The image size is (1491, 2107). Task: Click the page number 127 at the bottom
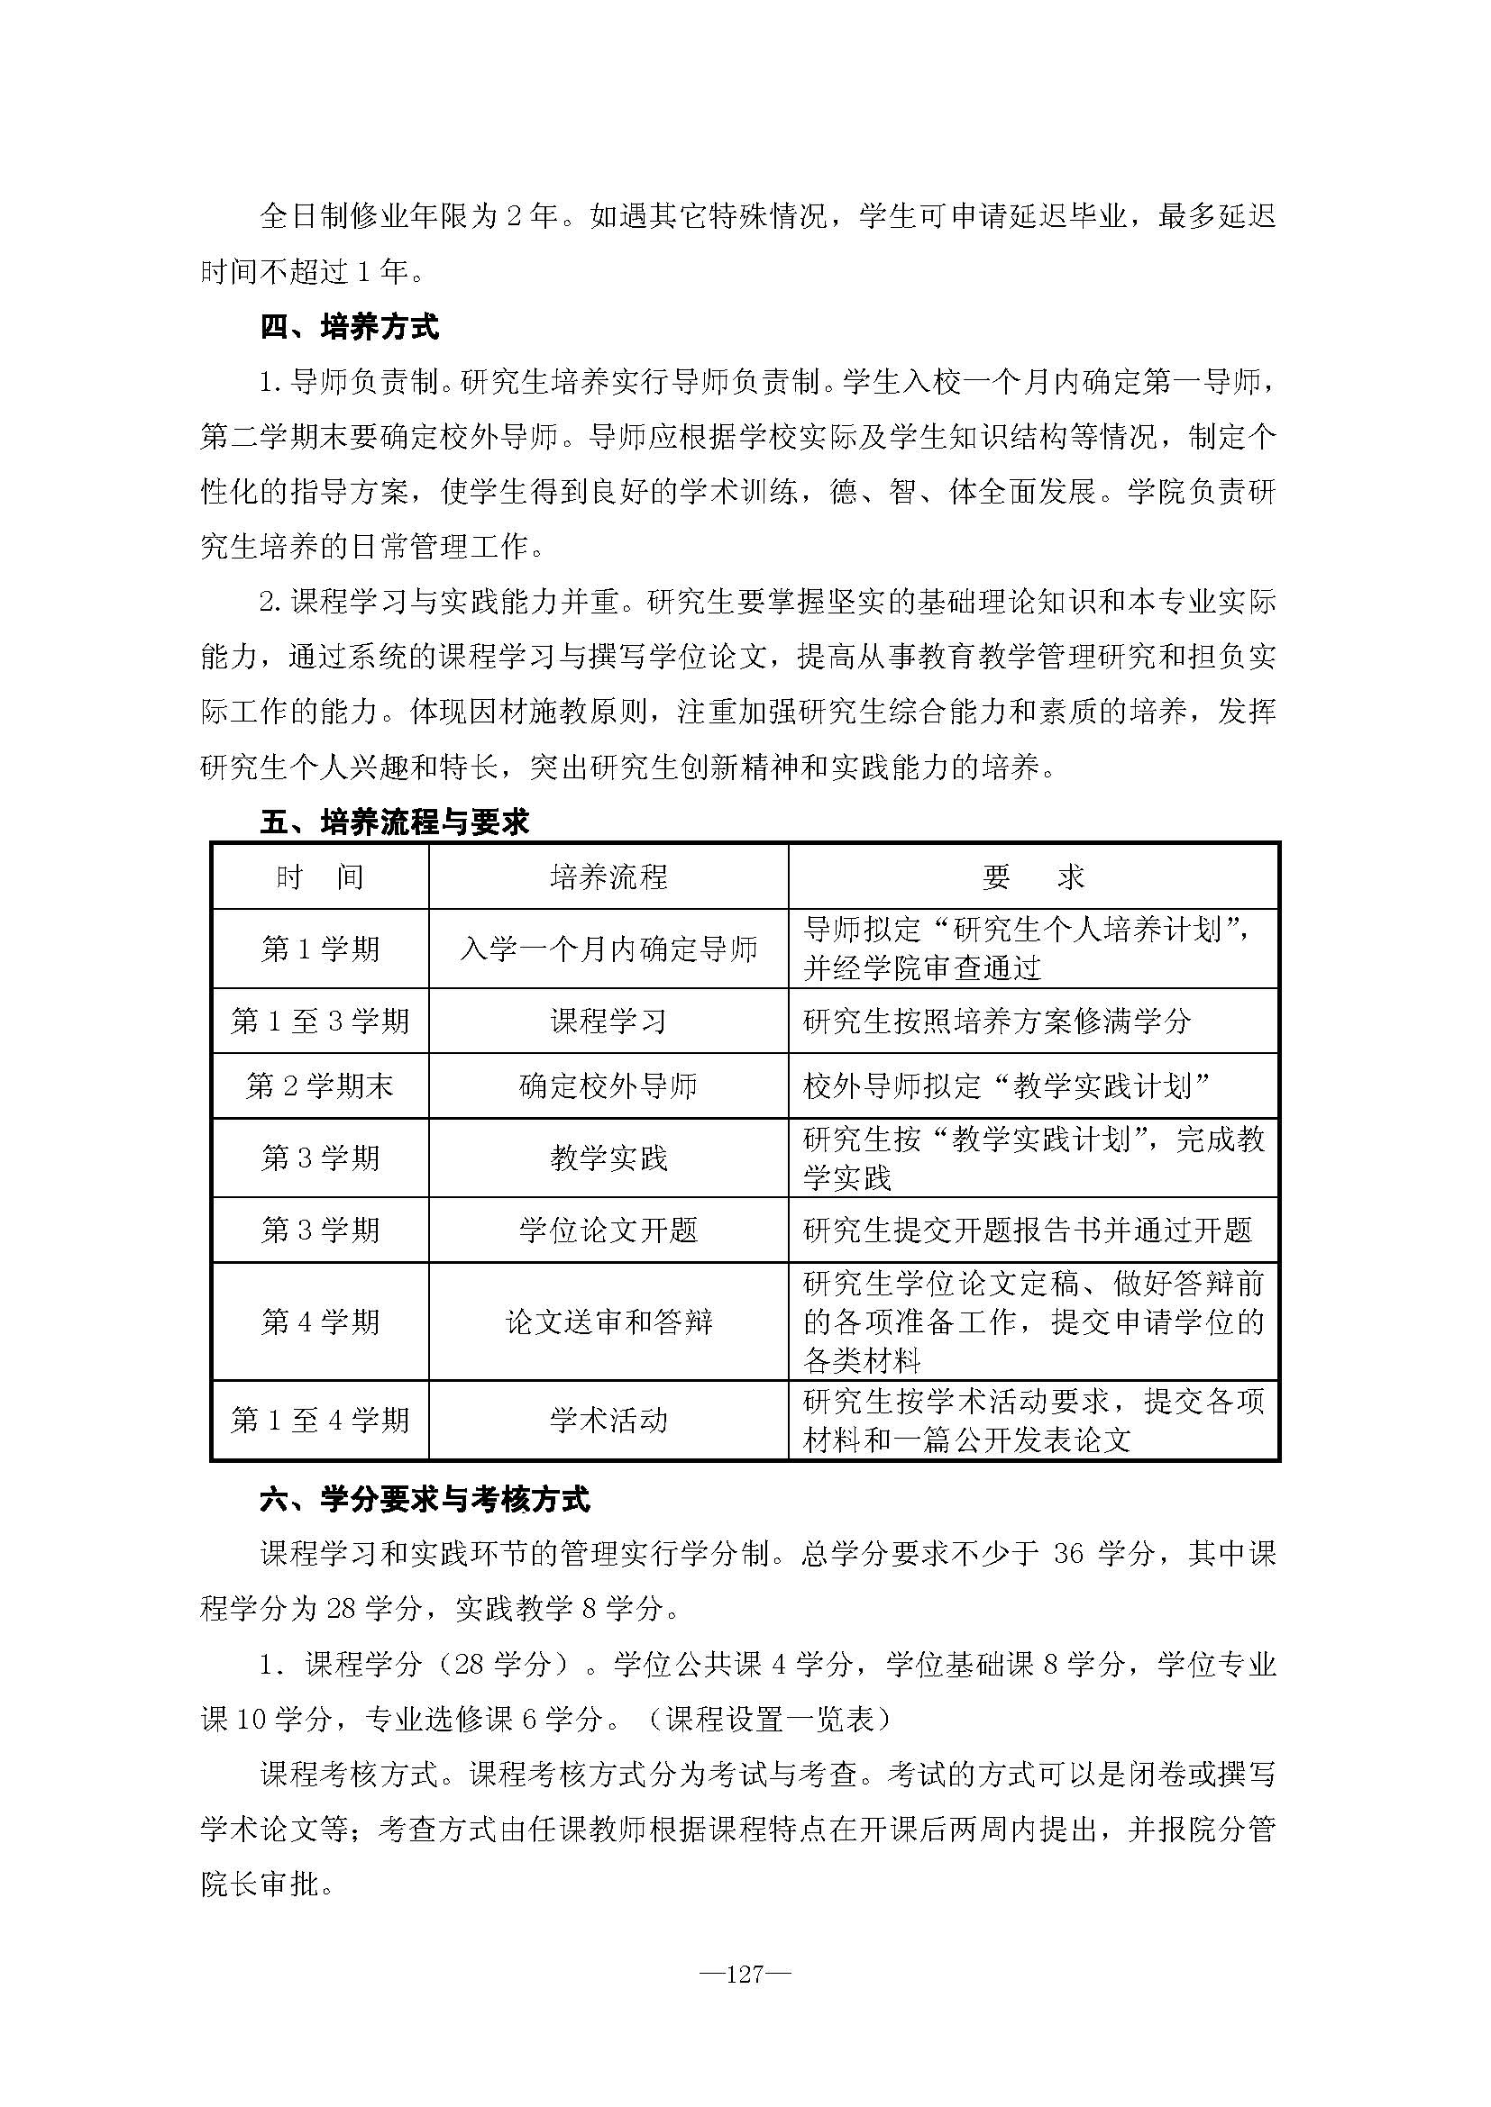point(745,1974)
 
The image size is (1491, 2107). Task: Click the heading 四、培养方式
point(350,327)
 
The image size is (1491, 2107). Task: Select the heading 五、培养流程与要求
point(395,822)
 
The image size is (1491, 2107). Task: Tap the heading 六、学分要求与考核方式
point(425,1500)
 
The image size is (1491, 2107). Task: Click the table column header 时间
point(319,877)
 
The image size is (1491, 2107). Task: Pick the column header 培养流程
point(608,877)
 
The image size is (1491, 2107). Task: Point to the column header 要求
point(1033,877)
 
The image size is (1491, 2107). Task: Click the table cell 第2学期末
point(319,1085)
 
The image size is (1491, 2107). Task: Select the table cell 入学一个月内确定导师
point(608,949)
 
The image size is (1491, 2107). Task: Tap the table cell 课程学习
point(608,1021)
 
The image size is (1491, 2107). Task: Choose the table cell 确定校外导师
point(608,1085)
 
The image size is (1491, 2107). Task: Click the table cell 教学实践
point(608,1158)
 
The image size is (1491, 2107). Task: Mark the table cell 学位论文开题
point(608,1230)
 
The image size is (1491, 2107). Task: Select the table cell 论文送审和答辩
point(608,1321)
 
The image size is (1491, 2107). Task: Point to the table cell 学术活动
point(608,1421)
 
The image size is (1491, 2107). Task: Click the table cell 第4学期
point(319,1321)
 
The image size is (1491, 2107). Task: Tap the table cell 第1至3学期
point(319,1021)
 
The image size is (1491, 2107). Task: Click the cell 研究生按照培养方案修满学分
point(996,1021)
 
